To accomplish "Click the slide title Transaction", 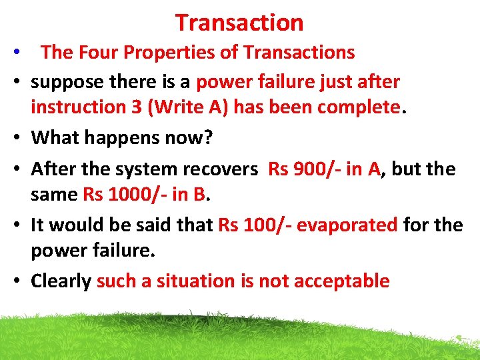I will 239,23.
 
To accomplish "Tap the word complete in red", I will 361,107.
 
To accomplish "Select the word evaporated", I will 347,225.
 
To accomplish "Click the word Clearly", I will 61,281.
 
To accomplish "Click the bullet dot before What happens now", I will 17,139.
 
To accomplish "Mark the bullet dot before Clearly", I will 17,281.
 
